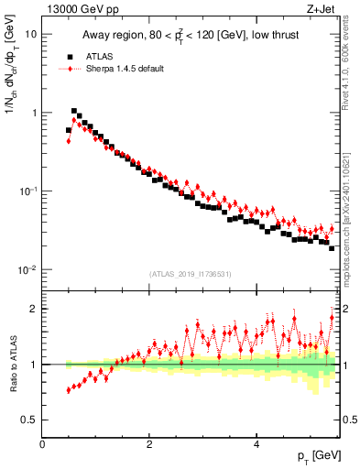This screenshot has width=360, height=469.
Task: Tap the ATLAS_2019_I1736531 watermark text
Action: [x=191, y=275]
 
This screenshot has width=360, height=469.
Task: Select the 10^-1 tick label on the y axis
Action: [x=27, y=191]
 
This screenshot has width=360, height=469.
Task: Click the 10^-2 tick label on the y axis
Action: [x=27, y=269]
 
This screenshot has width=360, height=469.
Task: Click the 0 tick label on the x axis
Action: [x=43, y=443]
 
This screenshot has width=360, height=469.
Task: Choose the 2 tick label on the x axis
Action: [x=149, y=443]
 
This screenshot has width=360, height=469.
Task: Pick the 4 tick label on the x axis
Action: [x=256, y=443]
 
